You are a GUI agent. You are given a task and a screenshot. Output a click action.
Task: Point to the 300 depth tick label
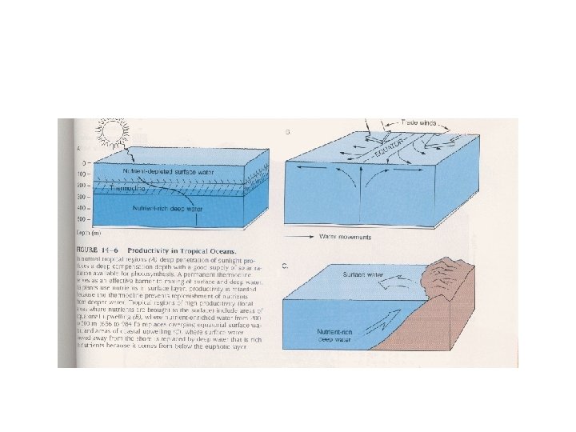[x=82, y=195]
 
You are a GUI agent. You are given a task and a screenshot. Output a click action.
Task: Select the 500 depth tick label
[x=82, y=218]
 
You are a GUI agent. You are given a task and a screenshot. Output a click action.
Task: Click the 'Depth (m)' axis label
[x=87, y=233]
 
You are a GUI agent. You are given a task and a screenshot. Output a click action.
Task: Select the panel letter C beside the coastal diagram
[x=286, y=265]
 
